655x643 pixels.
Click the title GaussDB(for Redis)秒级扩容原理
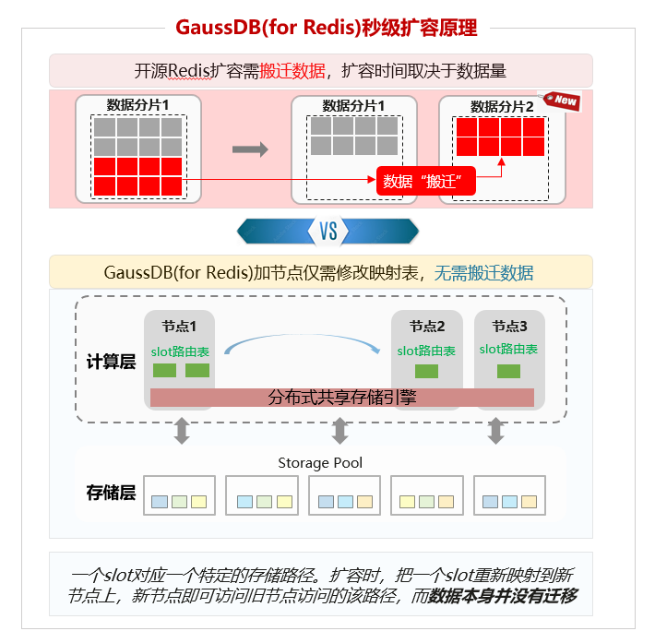327,28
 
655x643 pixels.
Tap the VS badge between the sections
328,231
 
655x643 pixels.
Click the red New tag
563,100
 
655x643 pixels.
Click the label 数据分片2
502,107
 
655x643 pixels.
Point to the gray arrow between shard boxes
249,149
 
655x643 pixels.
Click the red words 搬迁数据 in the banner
292,71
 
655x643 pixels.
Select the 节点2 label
427,327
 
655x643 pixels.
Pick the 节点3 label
509,327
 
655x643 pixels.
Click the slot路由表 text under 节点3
508,350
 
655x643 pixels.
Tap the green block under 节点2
426,371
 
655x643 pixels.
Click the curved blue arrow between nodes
303,342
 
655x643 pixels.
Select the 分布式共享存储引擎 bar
341,398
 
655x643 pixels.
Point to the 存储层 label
111,493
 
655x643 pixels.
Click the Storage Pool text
320,462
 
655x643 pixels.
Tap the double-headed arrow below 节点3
496,431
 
